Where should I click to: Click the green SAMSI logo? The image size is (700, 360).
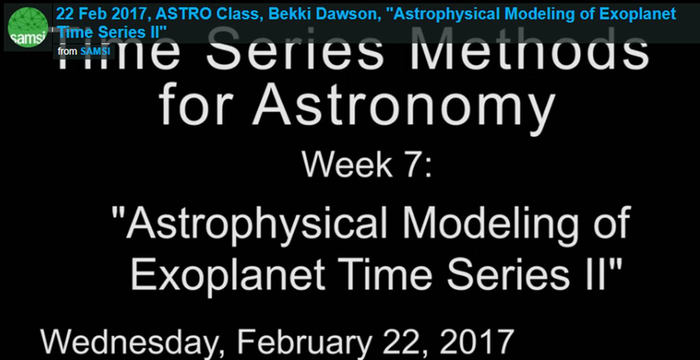click(x=28, y=27)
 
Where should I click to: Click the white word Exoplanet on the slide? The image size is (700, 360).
click(x=228, y=275)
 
